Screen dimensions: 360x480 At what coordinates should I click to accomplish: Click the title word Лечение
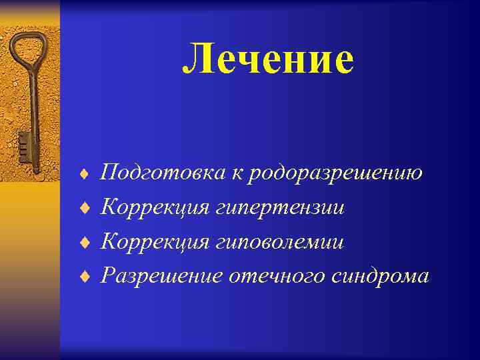pos(268,59)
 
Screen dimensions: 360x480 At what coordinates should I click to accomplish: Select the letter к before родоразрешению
pos(237,175)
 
